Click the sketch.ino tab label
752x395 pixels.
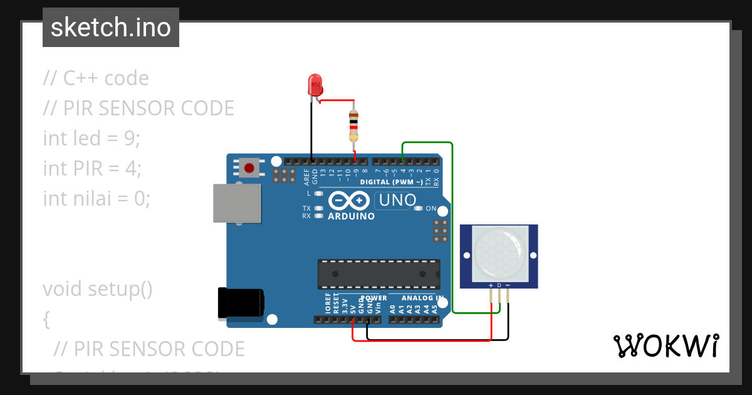(111, 28)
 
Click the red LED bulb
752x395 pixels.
(315, 85)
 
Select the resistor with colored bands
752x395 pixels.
(353, 125)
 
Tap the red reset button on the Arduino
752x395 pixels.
(249, 168)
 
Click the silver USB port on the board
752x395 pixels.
(237, 203)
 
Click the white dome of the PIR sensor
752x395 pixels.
(499, 253)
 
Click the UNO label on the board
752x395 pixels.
(396, 201)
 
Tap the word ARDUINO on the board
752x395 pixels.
(351, 216)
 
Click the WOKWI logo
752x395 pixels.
(666, 345)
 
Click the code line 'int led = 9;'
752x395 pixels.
(91, 139)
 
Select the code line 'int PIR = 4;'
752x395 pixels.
(92, 169)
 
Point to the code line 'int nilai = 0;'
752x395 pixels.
(97, 199)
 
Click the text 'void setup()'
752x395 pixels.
(98, 289)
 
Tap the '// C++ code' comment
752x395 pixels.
(96, 78)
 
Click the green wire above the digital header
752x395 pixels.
(426, 143)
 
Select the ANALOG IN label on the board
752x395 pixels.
(422, 298)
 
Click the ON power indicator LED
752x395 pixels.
(418, 208)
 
